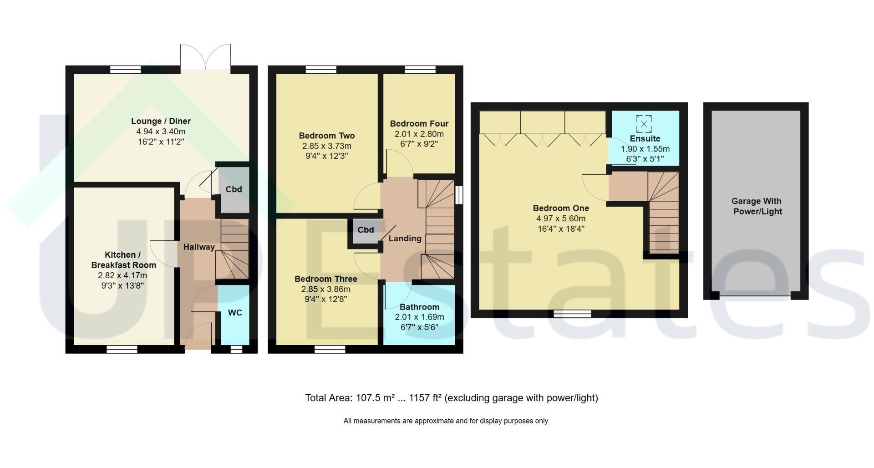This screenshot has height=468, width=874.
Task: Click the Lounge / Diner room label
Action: point(161,121)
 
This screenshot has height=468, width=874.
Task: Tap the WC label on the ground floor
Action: point(235,313)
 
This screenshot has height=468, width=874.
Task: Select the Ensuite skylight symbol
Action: point(644,124)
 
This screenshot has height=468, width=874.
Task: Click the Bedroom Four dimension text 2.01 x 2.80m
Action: point(419,134)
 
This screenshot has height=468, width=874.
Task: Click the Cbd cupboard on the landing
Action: point(366,232)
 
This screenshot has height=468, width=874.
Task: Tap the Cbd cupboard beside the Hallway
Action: point(234,189)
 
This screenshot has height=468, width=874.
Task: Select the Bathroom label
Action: point(419,307)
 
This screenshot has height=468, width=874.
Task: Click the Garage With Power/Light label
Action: point(757,206)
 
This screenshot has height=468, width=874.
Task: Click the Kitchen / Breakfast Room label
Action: point(123,259)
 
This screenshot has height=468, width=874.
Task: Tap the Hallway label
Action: point(199,247)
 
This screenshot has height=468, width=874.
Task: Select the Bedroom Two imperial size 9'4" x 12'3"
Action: point(326,156)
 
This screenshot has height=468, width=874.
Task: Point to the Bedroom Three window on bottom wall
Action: point(330,349)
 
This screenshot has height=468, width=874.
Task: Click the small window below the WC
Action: point(236,349)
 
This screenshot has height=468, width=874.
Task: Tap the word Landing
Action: point(405,239)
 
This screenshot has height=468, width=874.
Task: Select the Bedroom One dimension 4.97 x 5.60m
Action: point(561,219)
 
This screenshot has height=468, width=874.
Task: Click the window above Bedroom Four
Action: point(420,70)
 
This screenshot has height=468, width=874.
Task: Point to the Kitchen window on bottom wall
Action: point(122,349)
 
